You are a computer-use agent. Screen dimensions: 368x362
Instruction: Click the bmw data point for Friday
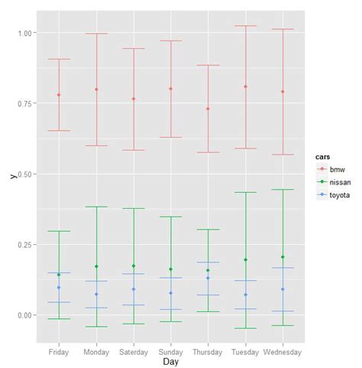click(x=59, y=95)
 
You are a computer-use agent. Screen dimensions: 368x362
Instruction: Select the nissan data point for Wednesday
click(x=283, y=257)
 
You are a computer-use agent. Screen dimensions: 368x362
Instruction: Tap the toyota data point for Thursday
click(x=208, y=278)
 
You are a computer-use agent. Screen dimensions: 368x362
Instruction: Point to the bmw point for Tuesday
click(x=245, y=86)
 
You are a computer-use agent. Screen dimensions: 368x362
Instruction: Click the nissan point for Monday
click(x=96, y=266)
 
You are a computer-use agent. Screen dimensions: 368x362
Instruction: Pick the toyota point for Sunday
click(x=170, y=293)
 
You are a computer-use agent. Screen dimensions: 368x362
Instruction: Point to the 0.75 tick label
click(x=24, y=104)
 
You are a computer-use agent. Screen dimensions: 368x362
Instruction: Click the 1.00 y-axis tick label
click(x=24, y=34)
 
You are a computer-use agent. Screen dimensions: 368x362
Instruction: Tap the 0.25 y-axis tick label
click(x=24, y=245)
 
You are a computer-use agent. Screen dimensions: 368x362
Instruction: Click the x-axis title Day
click(x=170, y=361)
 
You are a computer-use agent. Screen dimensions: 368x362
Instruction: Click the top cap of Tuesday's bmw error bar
click(x=245, y=26)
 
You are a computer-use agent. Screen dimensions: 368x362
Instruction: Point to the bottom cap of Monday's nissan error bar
click(x=96, y=327)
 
